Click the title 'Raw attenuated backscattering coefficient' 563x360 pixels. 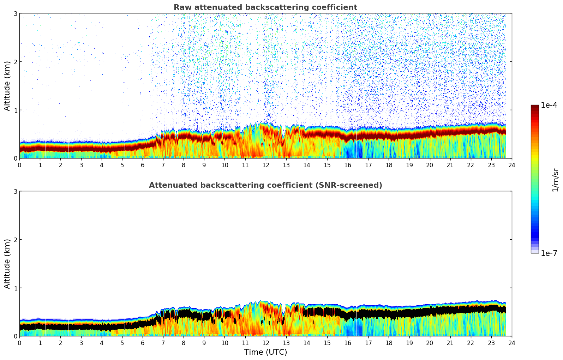(x=265, y=7)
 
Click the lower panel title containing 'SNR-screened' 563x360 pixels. (x=265, y=185)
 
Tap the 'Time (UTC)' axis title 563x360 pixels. (x=265, y=352)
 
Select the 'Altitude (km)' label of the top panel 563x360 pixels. (x=7, y=86)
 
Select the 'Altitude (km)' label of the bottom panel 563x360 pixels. (x=7, y=264)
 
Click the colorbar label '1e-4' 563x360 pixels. (x=549, y=105)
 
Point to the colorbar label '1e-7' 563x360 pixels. (x=549, y=253)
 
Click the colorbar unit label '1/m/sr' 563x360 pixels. (x=555, y=180)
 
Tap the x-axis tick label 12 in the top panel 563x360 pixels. (x=265, y=165)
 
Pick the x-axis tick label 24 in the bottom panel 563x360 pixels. (x=512, y=343)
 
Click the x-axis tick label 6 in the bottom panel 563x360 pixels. (x=143, y=343)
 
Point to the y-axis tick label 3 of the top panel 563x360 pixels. (x=15, y=13)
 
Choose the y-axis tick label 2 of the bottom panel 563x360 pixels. (x=15, y=240)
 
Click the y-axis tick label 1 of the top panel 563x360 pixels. (x=15, y=110)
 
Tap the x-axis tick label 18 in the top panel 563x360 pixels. (x=389, y=165)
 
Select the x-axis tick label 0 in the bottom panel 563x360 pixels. (x=19, y=343)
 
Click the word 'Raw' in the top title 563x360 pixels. (x=181, y=7)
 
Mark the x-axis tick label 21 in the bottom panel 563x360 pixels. (x=450, y=343)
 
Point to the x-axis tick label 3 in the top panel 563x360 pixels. (x=81, y=165)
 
